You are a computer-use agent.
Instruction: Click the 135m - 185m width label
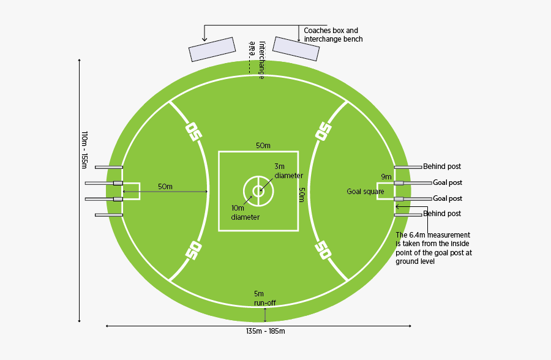pos(265,331)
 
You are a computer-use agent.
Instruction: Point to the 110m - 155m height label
pos(84,150)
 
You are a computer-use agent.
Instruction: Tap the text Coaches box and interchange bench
pos(333,35)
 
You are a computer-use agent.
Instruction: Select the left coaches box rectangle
pos(212,49)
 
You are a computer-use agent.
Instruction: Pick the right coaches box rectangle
pos(296,48)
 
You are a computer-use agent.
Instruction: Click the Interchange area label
pos(257,60)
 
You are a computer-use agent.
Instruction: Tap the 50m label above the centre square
pos(263,146)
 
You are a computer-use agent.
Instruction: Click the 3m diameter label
pos(288,171)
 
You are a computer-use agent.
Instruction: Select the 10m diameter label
pos(246,212)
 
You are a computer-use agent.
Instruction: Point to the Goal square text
pos(365,192)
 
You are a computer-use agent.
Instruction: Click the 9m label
pos(386,177)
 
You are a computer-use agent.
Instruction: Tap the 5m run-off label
pos(265,298)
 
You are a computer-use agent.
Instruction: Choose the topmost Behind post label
pos(441,167)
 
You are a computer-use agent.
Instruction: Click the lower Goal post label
pos(448,198)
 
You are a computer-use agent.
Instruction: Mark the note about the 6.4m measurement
pos(433,248)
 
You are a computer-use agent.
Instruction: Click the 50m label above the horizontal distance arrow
pos(165,187)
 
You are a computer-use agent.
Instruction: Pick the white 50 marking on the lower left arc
pos(193,250)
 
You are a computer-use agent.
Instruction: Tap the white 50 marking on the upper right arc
pos(323,131)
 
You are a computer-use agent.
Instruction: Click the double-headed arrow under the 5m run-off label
pos(265,315)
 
